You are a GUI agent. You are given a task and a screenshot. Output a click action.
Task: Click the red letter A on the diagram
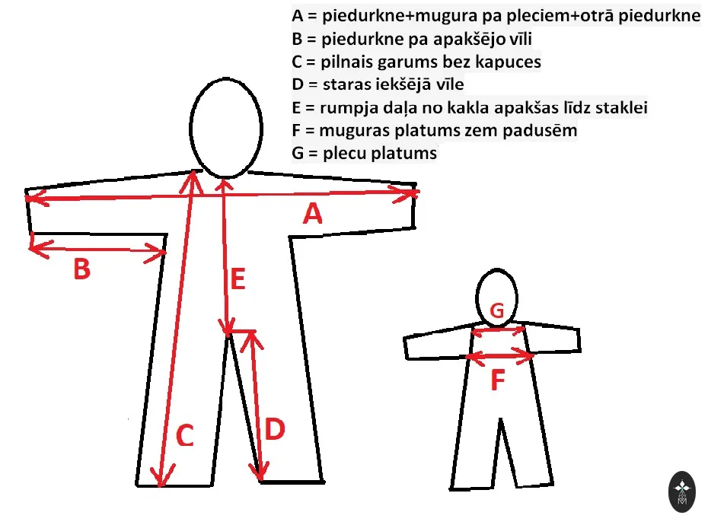tap(313, 214)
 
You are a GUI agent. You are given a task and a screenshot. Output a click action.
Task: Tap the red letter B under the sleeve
tap(81, 269)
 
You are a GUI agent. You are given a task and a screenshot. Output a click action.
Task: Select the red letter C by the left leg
tap(185, 436)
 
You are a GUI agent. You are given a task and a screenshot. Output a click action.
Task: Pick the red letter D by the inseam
tap(275, 429)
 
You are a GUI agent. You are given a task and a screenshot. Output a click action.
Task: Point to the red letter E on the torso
tap(238, 278)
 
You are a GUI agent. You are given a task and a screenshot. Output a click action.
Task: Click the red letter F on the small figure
tap(498, 380)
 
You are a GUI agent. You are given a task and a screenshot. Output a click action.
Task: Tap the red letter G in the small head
tap(496, 310)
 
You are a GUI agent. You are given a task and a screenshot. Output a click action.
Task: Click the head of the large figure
tap(226, 128)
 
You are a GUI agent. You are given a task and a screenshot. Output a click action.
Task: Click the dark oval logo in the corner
tap(682, 492)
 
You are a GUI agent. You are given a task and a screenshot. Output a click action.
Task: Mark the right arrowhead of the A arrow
tap(407, 194)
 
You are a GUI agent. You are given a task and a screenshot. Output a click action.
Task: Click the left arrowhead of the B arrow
tap(40, 249)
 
